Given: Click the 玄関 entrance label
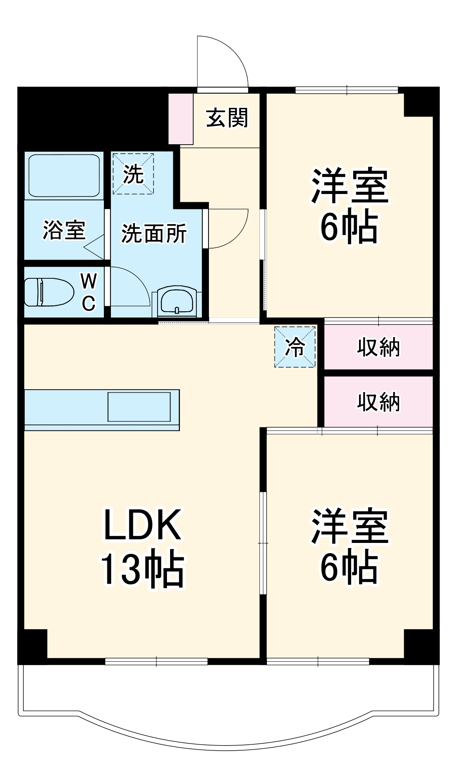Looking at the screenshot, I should [227, 118].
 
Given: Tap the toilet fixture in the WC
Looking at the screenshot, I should [49, 292].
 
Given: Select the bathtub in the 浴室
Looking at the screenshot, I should [64, 175].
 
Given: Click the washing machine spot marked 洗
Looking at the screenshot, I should [133, 174].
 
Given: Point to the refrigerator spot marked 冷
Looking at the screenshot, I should [295, 347].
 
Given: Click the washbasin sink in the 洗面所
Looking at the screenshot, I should [177, 300].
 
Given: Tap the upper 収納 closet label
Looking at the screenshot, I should [378, 347].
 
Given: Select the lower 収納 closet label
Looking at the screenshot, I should [378, 402].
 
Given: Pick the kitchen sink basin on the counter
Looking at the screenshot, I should [139, 407].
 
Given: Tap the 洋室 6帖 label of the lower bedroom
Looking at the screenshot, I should [349, 546].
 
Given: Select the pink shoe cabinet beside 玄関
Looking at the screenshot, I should [181, 119].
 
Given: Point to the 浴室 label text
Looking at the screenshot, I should [64, 230].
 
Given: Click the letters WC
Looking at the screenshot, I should [89, 292].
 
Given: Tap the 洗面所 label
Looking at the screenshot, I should [154, 234].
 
